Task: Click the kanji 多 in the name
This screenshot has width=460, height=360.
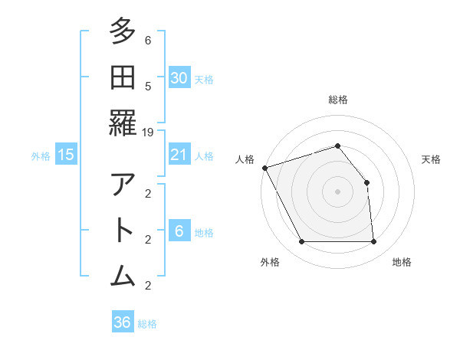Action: (123, 32)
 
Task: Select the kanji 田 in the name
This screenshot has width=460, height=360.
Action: (123, 77)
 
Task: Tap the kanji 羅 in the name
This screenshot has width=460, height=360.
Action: (123, 122)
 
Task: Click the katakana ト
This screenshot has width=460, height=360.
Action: (123, 229)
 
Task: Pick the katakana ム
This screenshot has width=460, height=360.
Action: (123, 273)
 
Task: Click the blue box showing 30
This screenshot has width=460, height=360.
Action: (179, 77)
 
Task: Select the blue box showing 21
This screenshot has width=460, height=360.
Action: (179, 155)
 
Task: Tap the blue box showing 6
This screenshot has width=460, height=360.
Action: (179, 232)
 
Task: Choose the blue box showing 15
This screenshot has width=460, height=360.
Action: (66, 155)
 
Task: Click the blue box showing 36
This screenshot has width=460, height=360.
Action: (122, 322)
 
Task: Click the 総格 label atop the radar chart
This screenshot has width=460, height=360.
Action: (337, 100)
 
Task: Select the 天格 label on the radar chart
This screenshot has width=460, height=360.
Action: (431, 159)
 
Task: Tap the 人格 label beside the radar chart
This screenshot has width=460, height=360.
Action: (245, 159)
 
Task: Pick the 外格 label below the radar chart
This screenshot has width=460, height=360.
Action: (269, 263)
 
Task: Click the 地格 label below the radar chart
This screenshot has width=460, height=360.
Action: (402, 263)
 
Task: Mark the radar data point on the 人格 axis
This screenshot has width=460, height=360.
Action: (264, 168)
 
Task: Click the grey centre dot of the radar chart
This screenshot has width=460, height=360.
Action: (337, 191)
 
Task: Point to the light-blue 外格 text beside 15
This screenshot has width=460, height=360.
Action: (41, 156)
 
